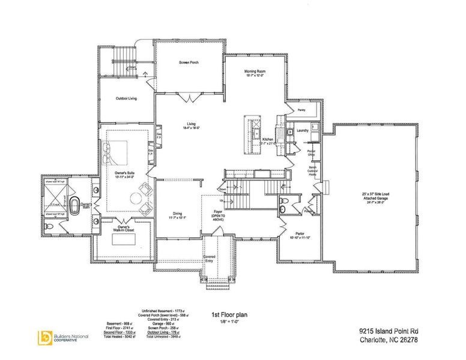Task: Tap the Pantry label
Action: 302,110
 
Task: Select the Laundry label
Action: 303,129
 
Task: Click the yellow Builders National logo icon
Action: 44,337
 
